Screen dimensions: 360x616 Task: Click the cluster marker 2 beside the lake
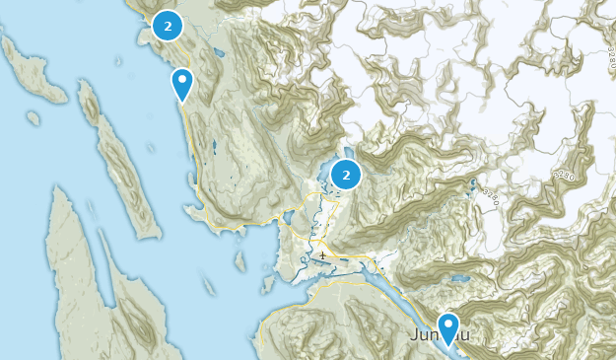(x=345, y=176)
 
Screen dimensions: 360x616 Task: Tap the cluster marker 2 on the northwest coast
(x=169, y=27)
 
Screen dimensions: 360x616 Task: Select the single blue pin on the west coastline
(x=181, y=84)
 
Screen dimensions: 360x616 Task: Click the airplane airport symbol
(x=323, y=256)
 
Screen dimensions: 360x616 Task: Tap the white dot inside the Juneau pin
(x=449, y=324)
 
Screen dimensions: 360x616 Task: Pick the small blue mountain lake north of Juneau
(x=457, y=279)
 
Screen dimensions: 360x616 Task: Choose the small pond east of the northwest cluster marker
(x=208, y=46)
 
